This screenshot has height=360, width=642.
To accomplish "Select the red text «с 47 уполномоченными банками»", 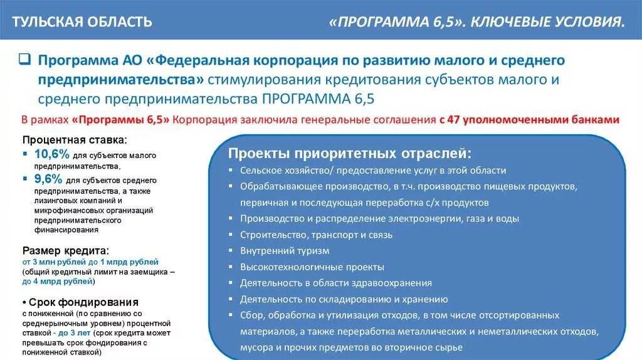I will pos(529,120).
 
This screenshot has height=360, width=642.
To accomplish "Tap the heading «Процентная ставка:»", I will pos(74,139).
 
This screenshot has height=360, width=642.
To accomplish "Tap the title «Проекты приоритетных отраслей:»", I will pos(349,154).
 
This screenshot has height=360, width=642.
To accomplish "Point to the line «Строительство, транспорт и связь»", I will pos(316,235).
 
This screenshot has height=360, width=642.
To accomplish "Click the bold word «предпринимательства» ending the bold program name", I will pos(120,80).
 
